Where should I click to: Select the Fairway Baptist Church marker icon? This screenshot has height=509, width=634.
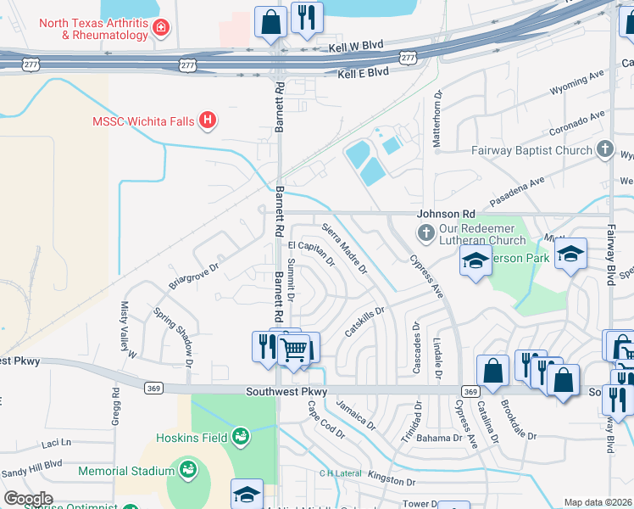pyautogui.click(x=604, y=150)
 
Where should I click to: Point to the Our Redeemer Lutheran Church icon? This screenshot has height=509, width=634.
pyautogui.click(x=425, y=232)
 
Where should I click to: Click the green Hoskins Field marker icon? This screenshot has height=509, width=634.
pyautogui.click(x=241, y=437)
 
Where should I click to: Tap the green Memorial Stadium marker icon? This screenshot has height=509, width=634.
pyautogui.click(x=186, y=470)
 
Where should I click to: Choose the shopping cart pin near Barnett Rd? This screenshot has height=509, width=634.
pyautogui.click(x=293, y=349)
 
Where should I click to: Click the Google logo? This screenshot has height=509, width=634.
pyautogui.click(x=28, y=499)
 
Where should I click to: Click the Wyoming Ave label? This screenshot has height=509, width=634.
pyautogui.click(x=576, y=86)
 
